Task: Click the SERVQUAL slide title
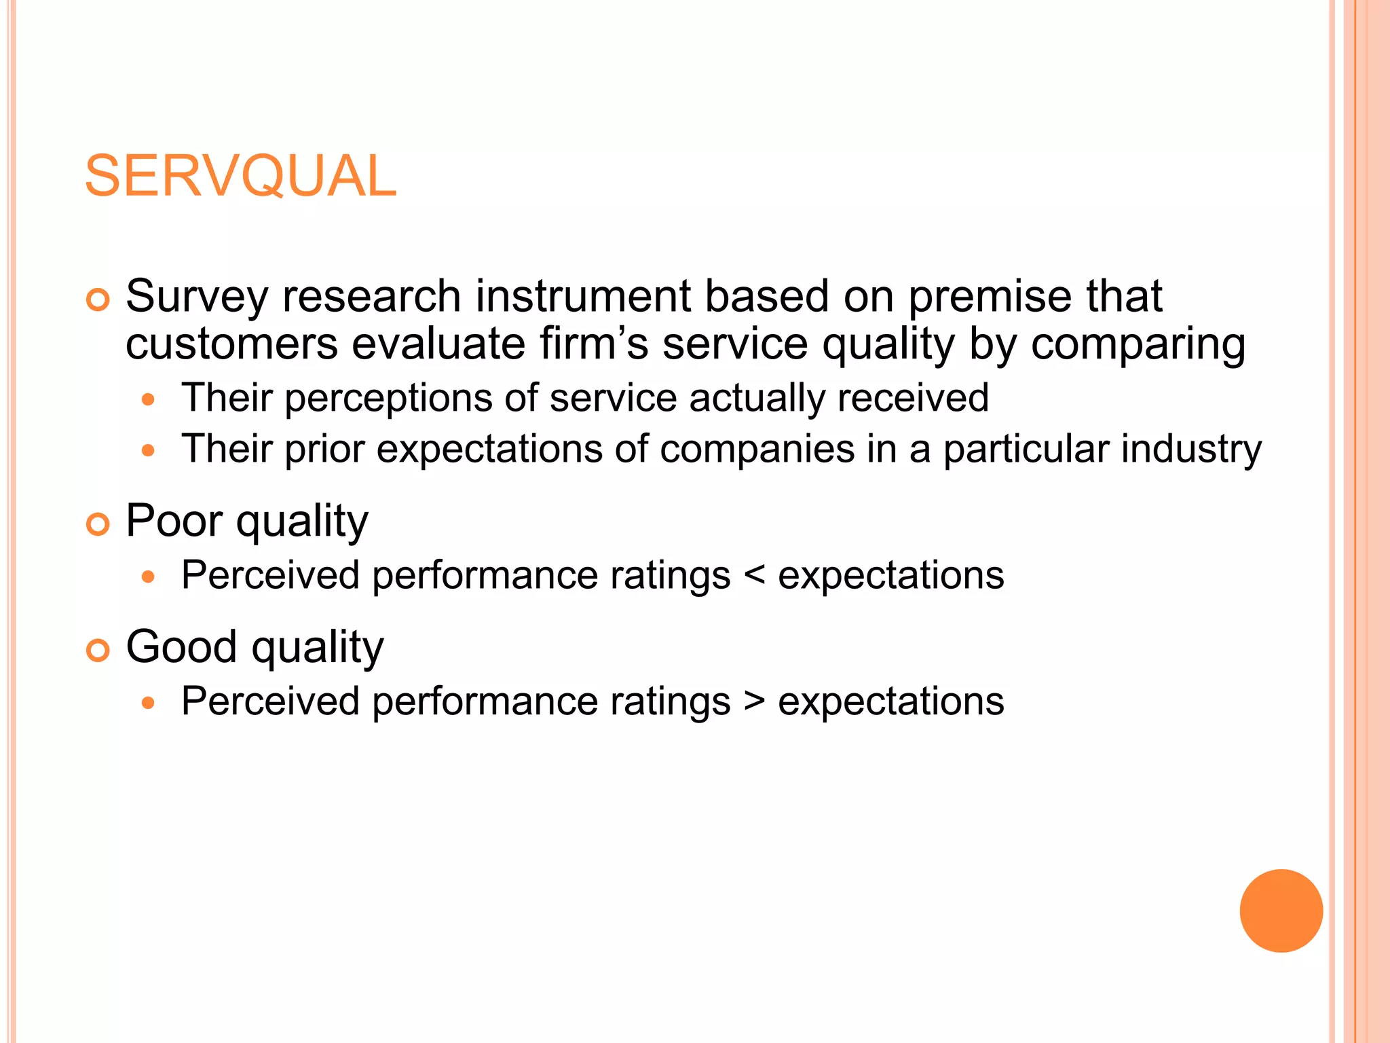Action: [x=240, y=177]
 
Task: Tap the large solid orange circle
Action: [x=1281, y=911]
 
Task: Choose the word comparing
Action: [x=1138, y=345]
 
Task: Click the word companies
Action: [x=757, y=450]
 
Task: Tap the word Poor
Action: [x=174, y=521]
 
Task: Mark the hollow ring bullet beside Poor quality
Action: [x=98, y=524]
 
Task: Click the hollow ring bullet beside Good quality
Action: [x=98, y=650]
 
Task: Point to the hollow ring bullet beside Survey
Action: [x=98, y=299]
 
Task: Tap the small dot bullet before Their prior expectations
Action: [x=149, y=450]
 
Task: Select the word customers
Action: [x=231, y=344]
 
